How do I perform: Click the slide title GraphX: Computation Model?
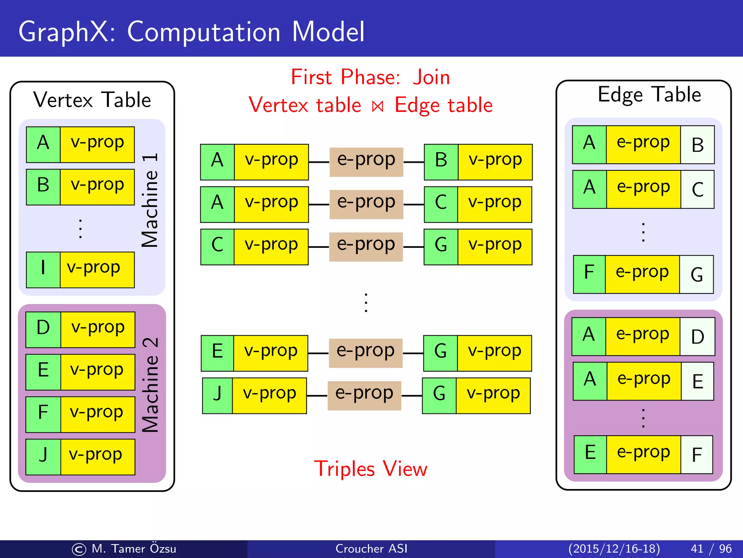pyautogui.click(x=191, y=32)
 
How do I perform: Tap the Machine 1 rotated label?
pyautogui.click(x=150, y=200)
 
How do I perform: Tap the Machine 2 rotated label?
pyautogui.click(x=150, y=385)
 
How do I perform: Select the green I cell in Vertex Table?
pyautogui.click(x=43, y=270)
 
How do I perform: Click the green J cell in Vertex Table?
pyautogui.click(x=43, y=457)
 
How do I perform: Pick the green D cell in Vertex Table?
pyautogui.click(x=43, y=329)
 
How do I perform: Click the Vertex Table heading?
pyautogui.click(x=92, y=100)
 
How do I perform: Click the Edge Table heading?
pyautogui.click(x=649, y=94)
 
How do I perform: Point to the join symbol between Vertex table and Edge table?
pyautogui.click(x=378, y=106)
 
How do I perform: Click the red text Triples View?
pyautogui.click(x=370, y=469)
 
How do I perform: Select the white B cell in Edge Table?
pyautogui.click(x=697, y=145)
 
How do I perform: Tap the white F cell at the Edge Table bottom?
pyautogui.click(x=697, y=455)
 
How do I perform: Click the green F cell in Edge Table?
pyautogui.click(x=589, y=274)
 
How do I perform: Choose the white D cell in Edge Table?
pyautogui.click(x=697, y=336)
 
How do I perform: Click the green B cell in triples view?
pyautogui.click(x=441, y=162)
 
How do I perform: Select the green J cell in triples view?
pyautogui.click(x=217, y=395)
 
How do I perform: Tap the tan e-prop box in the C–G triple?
pyautogui.click(x=366, y=247)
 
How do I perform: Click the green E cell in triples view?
pyautogui.click(x=217, y=353)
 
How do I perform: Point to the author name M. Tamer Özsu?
pyautogui.click(x=134, y=549)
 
